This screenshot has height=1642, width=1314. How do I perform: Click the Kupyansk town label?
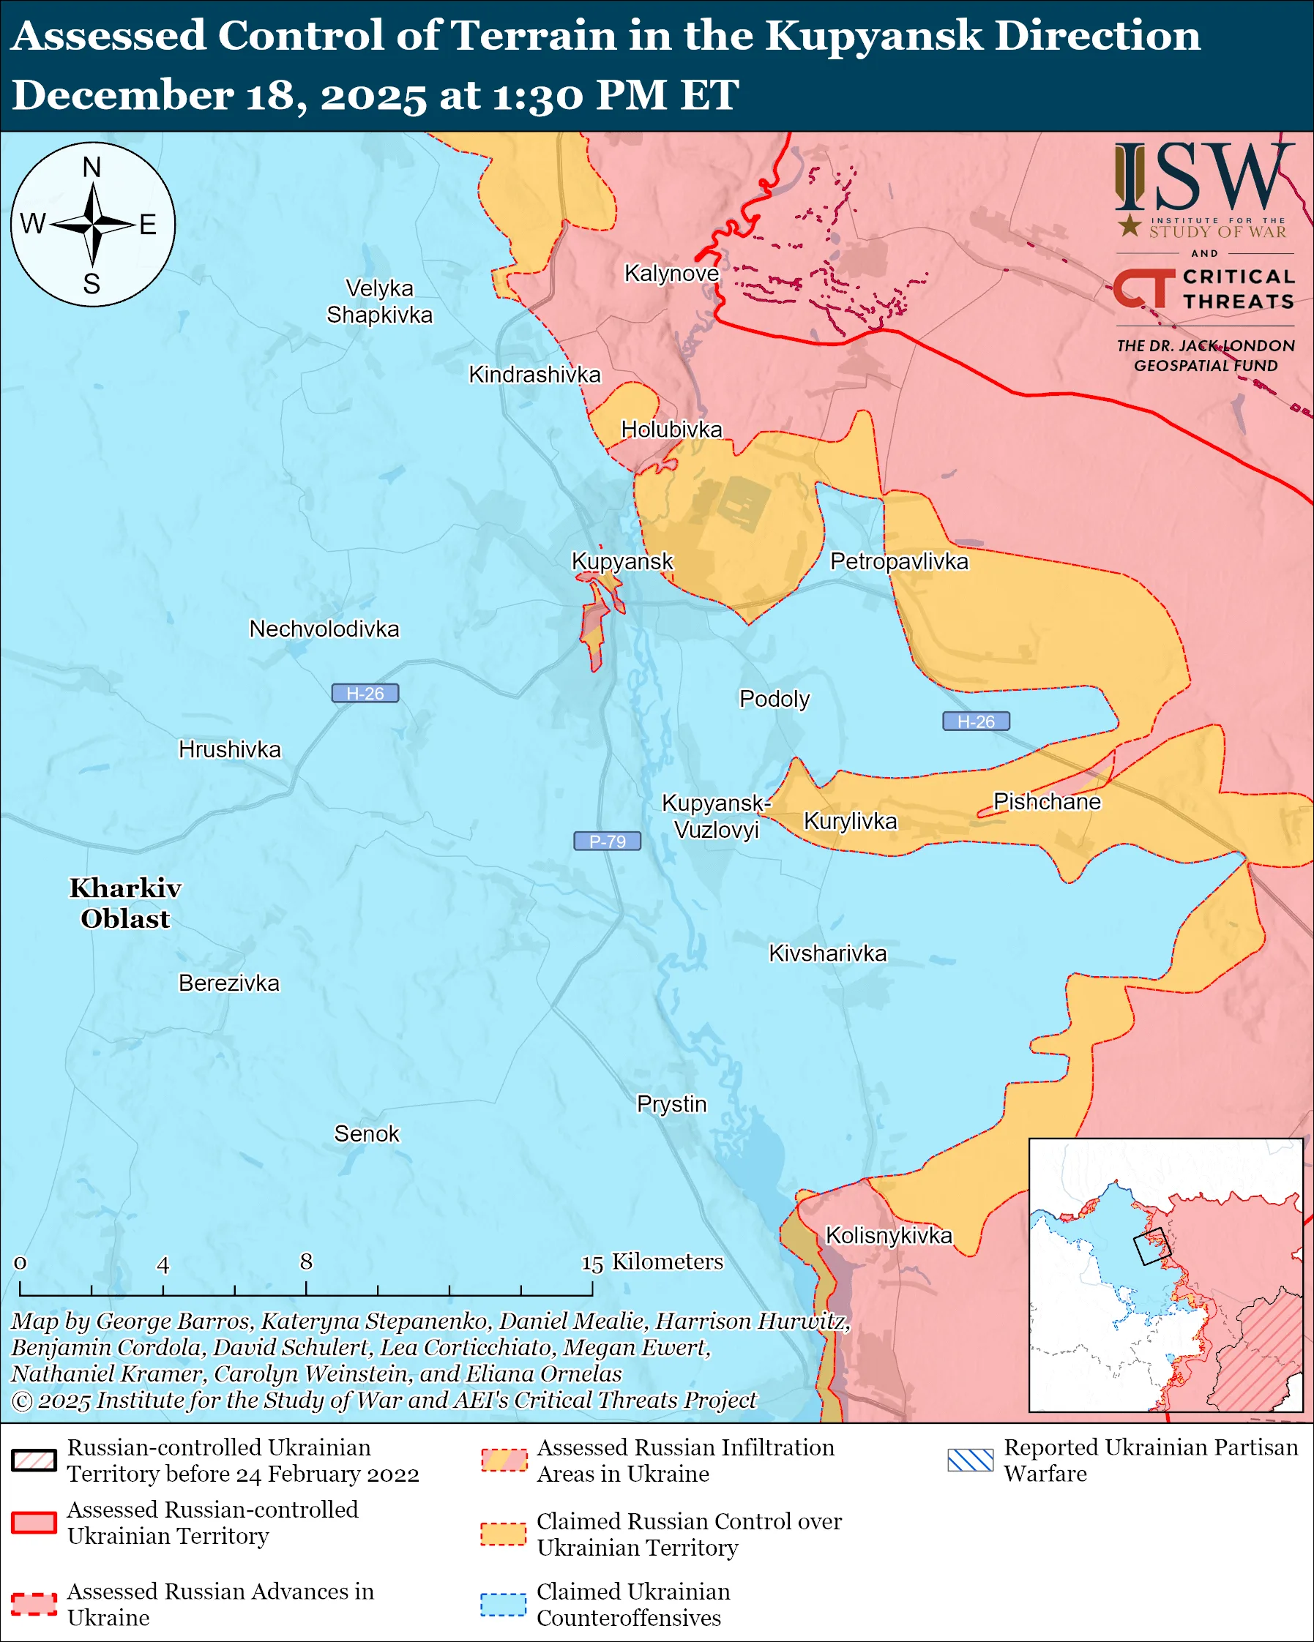click(x=621, y=561)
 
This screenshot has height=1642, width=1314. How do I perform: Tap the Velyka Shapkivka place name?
click(x=379, y=301)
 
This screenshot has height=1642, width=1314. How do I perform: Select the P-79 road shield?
click(x=607, y=841)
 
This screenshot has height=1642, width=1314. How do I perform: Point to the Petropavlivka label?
click(x=899, y=561)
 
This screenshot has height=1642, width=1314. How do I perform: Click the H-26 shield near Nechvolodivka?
click(x=365, y=693)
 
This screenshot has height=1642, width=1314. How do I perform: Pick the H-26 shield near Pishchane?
click(x=976, y=721)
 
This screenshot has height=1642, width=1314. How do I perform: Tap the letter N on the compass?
click(x=92, y=167)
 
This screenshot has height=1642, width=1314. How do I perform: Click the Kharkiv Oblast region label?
click(x=125, y=903)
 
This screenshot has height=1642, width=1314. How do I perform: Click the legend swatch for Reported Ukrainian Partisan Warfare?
click(x=971, y=1460)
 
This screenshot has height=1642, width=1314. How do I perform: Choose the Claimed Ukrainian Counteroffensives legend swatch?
click(x=503, y=1604)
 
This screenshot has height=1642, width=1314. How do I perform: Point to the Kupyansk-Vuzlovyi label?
click(x=716, y=816)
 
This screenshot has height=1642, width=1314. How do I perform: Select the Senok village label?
click(x=367, y=1133)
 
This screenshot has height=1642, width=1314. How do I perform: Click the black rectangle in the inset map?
click(x=1151, y=1247)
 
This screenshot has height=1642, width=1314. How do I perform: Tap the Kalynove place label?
click(x=671, y=273)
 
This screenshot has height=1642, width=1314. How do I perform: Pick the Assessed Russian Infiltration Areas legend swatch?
click(x=504, y=1460)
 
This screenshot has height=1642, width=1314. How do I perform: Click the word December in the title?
click(x=122, y=96)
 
